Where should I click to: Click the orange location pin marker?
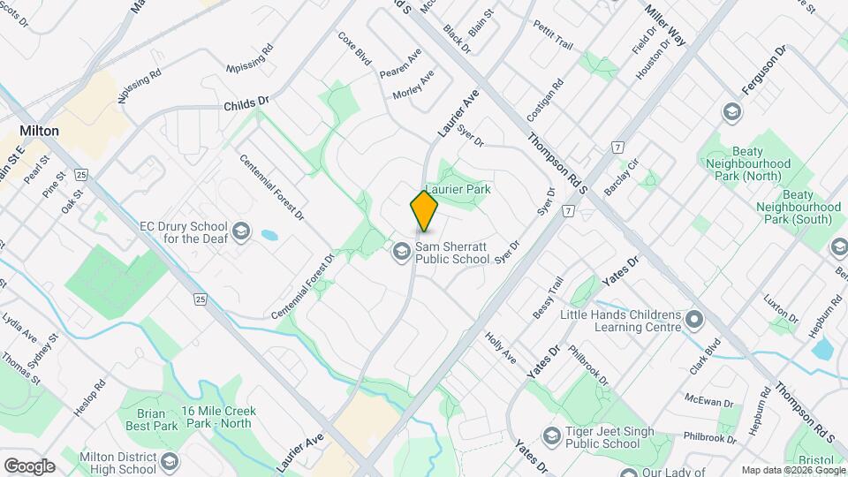point(424,211)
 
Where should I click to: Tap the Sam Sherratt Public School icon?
point(401,253)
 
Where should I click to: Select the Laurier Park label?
point(458,189)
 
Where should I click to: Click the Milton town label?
point(40,131)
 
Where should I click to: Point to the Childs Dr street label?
point(246,104)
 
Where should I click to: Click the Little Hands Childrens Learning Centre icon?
point(695,318)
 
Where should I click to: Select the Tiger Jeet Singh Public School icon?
point(552,435)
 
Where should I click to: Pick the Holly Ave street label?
point(500,348)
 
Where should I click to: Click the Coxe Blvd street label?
point(354,49)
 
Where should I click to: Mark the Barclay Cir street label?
point(621,178)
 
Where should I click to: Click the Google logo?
point(29,466)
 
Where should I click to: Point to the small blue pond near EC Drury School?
point(268,236)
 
